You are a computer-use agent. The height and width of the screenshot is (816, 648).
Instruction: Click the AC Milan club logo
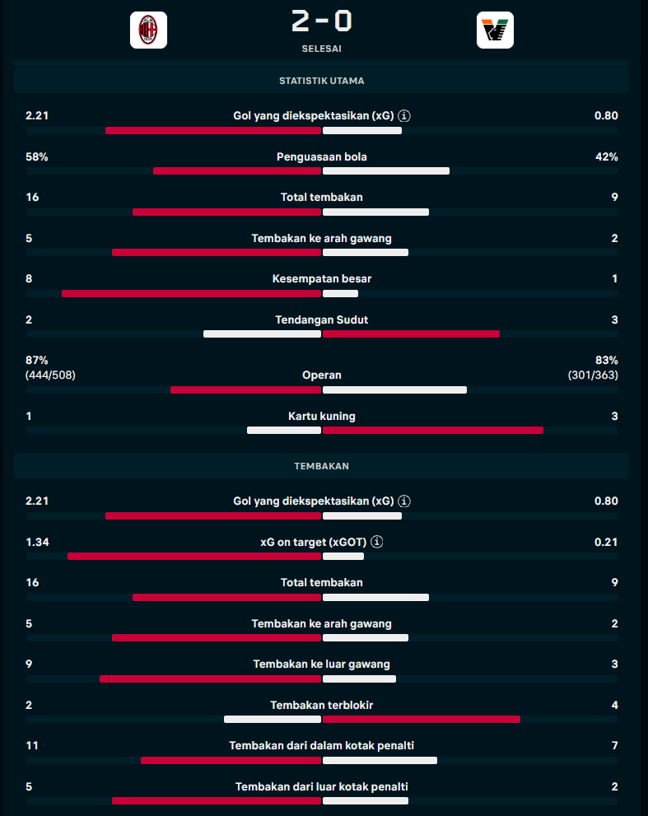pos(148,30)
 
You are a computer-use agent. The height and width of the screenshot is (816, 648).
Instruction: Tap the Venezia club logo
pos(495,30)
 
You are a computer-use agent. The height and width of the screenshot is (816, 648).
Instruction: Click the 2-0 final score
pos(322,21)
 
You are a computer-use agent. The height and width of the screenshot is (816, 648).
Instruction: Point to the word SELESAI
pos(322,49)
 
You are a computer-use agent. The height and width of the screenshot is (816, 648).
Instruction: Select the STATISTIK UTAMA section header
pos(322,81)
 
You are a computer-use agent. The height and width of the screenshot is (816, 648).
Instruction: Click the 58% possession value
pos(37,156)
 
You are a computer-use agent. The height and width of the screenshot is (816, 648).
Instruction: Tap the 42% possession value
pos(606,156)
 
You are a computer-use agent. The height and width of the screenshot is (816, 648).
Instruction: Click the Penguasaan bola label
pos(322,156)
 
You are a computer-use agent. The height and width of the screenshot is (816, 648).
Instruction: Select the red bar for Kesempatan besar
pos(192,293)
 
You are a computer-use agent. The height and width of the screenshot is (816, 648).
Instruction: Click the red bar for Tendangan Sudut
pos(411,334)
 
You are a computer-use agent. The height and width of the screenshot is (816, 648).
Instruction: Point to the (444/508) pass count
pos(50,375)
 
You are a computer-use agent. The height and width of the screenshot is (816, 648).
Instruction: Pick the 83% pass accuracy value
pos(606,360)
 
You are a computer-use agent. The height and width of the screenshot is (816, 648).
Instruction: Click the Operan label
pos(322,375)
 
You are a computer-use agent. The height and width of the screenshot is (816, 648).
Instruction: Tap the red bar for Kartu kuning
pos(433,431)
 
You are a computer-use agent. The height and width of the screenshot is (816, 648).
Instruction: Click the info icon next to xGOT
pos(377,542)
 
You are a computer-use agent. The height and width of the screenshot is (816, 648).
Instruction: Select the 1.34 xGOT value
pos(38,542)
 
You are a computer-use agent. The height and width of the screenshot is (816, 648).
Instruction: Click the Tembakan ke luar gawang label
pos(322,664)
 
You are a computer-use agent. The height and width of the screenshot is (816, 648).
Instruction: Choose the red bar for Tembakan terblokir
pos(422,719)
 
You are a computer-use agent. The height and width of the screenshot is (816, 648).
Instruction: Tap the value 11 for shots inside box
pos(32,745)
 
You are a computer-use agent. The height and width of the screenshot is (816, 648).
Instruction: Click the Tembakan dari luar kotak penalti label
pos(322,786)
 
